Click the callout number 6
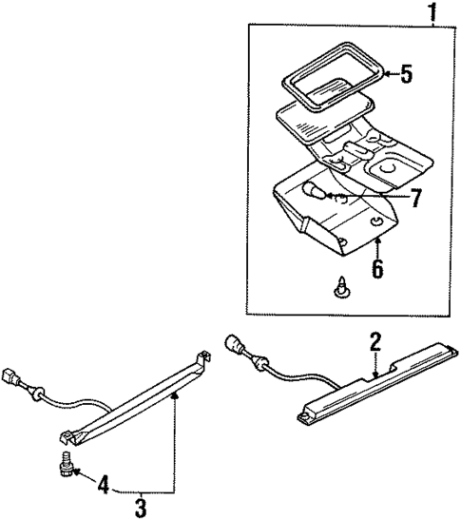pos(377,269)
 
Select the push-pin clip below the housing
pos(339,286)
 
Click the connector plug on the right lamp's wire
pos(234,345)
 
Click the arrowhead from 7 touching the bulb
pos(326,198)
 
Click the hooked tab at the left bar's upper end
pos(202,356)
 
